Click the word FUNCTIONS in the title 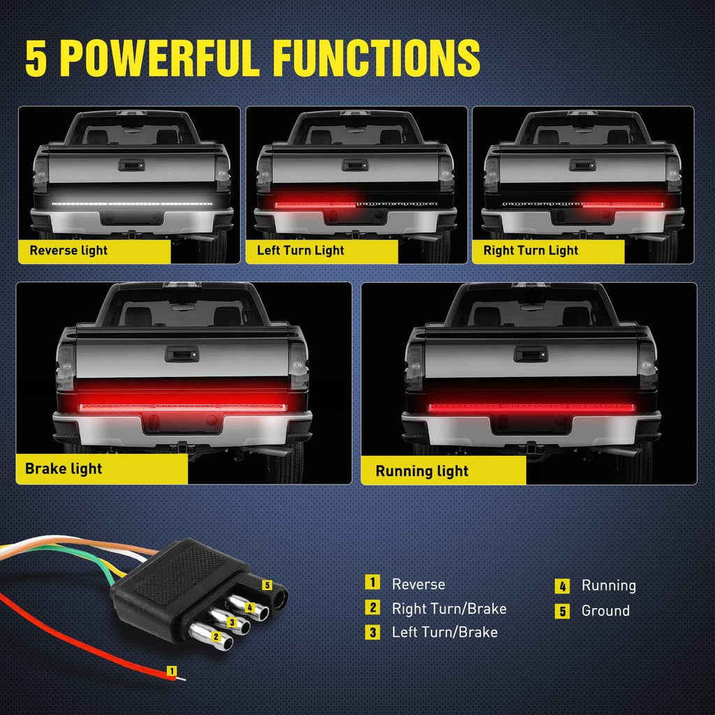coord(376,57)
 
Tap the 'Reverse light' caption coord(68,251)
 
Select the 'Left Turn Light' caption coord(300,251)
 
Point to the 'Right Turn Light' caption coord(531,251)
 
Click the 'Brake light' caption coord(64,469)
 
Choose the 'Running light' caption coord(422,471)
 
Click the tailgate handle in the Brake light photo coord(182,354)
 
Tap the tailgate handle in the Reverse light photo coord(131,165)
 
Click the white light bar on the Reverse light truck coord(132,204)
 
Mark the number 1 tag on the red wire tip coord(172,671)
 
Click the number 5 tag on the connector coord(267,584)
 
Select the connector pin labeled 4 coord(248,607)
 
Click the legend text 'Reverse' coord(418,584)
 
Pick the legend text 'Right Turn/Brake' coord(449,609)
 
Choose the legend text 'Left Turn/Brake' coord(445,633)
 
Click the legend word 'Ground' coord(605,610)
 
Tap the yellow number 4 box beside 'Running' coord(562,586)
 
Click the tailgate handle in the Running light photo coord(531,354)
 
